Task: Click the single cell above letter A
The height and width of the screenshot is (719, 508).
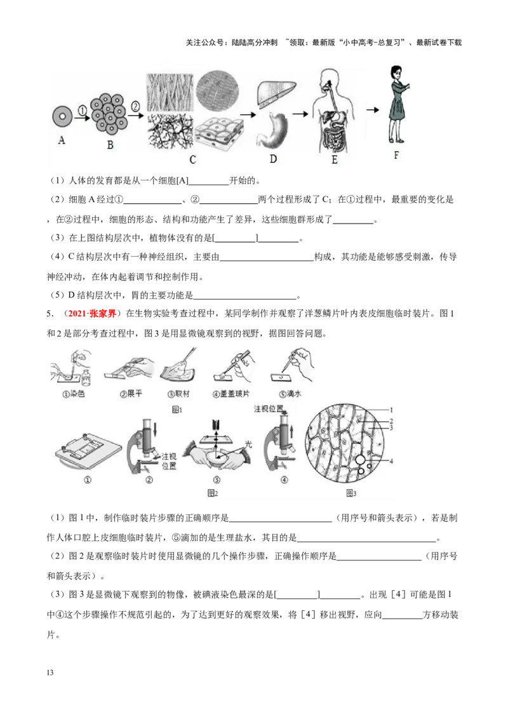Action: [62, 117]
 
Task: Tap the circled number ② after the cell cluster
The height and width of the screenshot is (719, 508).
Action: [135, 106]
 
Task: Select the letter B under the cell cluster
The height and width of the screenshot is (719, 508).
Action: [110, 145]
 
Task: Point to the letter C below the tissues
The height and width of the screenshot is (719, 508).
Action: [192, 160]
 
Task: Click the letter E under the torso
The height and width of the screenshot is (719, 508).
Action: [334, 160]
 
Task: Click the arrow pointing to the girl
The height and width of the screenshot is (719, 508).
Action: [373, 110]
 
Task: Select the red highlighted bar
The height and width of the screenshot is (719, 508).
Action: [92, 314]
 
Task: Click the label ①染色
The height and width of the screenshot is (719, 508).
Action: [72, 394]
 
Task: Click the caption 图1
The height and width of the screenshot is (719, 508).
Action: [177, 410]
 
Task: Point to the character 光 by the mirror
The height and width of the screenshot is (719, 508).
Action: [249, 445]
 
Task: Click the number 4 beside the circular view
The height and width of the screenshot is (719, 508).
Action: [392, 461]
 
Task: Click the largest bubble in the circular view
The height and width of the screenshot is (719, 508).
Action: [360, 459]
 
